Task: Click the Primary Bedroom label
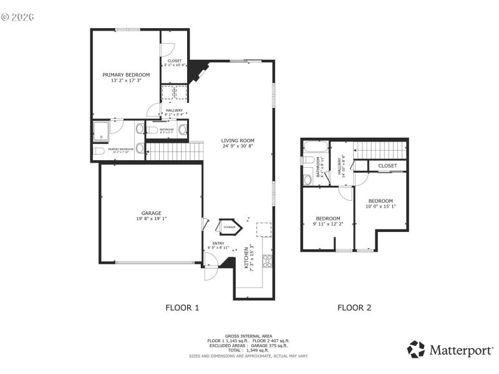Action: coord(126,74)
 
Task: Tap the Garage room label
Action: coord(152,213)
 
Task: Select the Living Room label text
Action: coord(238,140)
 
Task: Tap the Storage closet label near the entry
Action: coord(229,228)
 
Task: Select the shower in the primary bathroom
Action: coord(101,130)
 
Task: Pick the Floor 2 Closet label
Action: coord(387,166)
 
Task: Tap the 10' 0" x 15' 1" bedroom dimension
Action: coord(380,206)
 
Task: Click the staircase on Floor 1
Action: coord(175,151)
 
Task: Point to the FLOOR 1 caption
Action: coord(182,307)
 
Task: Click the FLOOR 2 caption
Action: coord(354,307)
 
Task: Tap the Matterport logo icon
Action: coord(416,350)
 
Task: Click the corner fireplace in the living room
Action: coord(199,70)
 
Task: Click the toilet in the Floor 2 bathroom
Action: coord(308,180)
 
